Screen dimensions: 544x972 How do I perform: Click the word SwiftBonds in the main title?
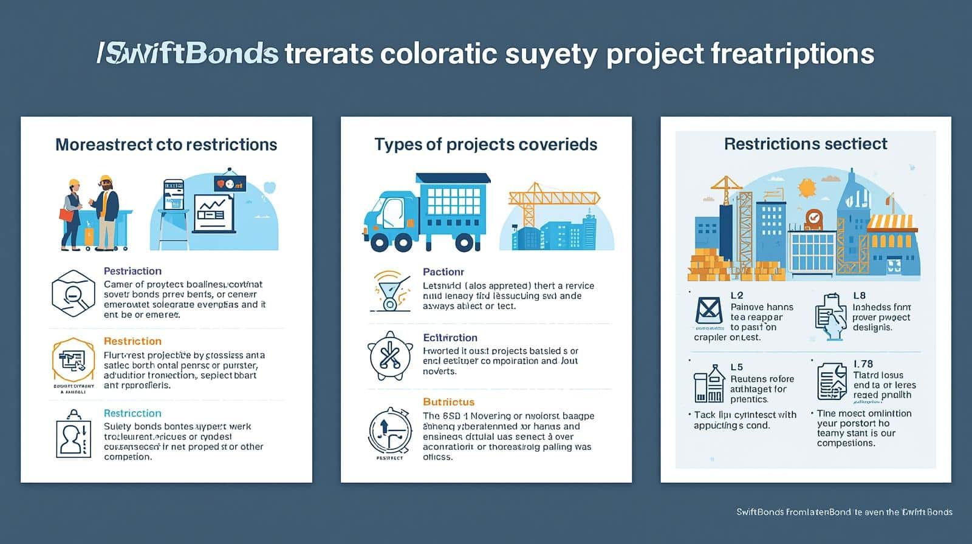[x=188, y=53]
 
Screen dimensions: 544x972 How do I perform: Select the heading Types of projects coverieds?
[x=485, y=144]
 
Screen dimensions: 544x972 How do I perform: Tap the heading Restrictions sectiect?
[x=806, y=144]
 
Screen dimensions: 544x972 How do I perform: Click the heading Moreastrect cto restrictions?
[x=166, y=144]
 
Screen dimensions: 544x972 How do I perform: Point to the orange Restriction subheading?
[x=132, y=341]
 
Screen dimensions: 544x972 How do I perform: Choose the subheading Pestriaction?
[x=132, y=271]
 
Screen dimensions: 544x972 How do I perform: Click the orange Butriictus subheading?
[x=448, y=402]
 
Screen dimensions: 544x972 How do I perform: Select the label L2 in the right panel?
[x=736, y=296]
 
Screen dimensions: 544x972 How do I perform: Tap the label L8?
[x=859, y=296]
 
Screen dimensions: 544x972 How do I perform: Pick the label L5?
[x=736, y=367]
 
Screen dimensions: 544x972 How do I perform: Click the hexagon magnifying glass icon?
[x=74, y=294]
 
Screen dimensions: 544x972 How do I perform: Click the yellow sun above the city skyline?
[x=807, y=188]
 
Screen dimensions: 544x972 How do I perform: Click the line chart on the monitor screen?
[x=214, y=210]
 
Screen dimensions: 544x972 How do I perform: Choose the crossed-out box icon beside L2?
[x=708, y=310]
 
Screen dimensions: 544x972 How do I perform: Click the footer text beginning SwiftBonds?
[x=844, y=512]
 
